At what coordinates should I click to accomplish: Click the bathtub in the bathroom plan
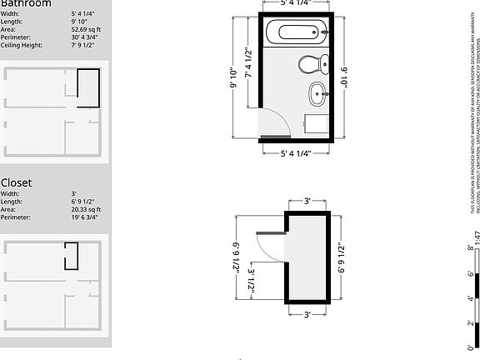pos(297,34)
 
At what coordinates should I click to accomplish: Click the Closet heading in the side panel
pos(17,182)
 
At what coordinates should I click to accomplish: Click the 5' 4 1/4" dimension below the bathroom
pos(297,153)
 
